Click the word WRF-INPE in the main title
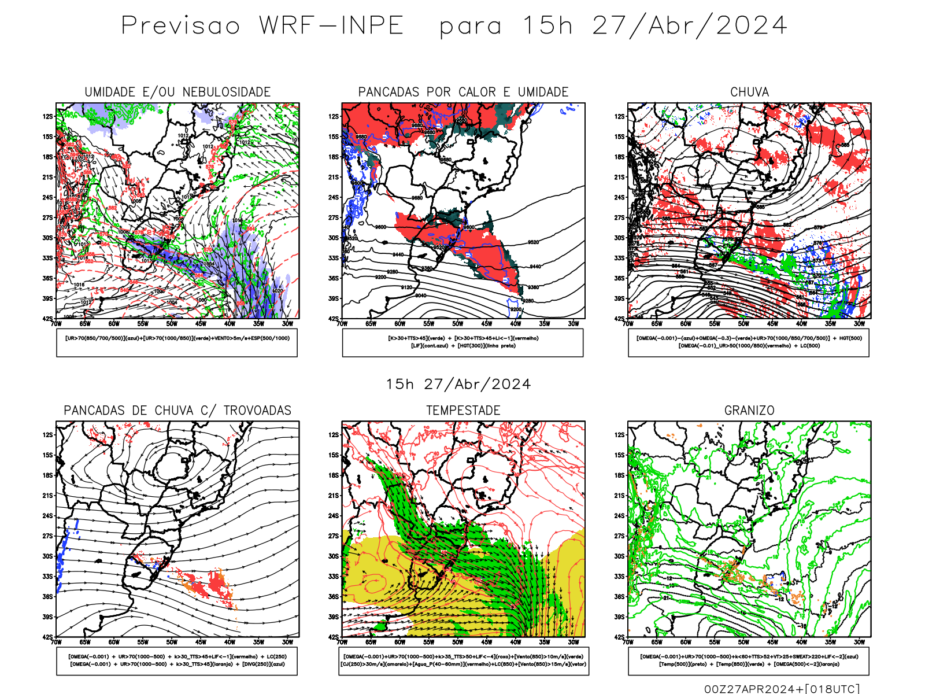click(331, 25)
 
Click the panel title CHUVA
click(749, 92)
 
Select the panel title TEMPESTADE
click(463, 411)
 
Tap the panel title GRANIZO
click(749, 411)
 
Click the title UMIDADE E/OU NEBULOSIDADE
click(177, 92)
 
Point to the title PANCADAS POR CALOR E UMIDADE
click(463, 92)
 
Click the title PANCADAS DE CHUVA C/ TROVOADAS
click(177, 411)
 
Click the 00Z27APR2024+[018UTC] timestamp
click(782, 689)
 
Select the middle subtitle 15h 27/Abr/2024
click(458, 384)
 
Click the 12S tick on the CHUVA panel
click(620, 116)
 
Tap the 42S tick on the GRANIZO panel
click(620, 637)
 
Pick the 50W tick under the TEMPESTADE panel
click(458, 642)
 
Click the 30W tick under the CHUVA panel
click(860, 324)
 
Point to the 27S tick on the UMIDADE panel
click(47, 217)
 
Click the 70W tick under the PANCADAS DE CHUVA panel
click(56, 642)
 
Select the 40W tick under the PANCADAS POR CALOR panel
click(516, 324)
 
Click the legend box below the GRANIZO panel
click(749, 660)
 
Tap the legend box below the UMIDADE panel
click(177, 342)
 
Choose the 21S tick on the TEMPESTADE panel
click(334, 496)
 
